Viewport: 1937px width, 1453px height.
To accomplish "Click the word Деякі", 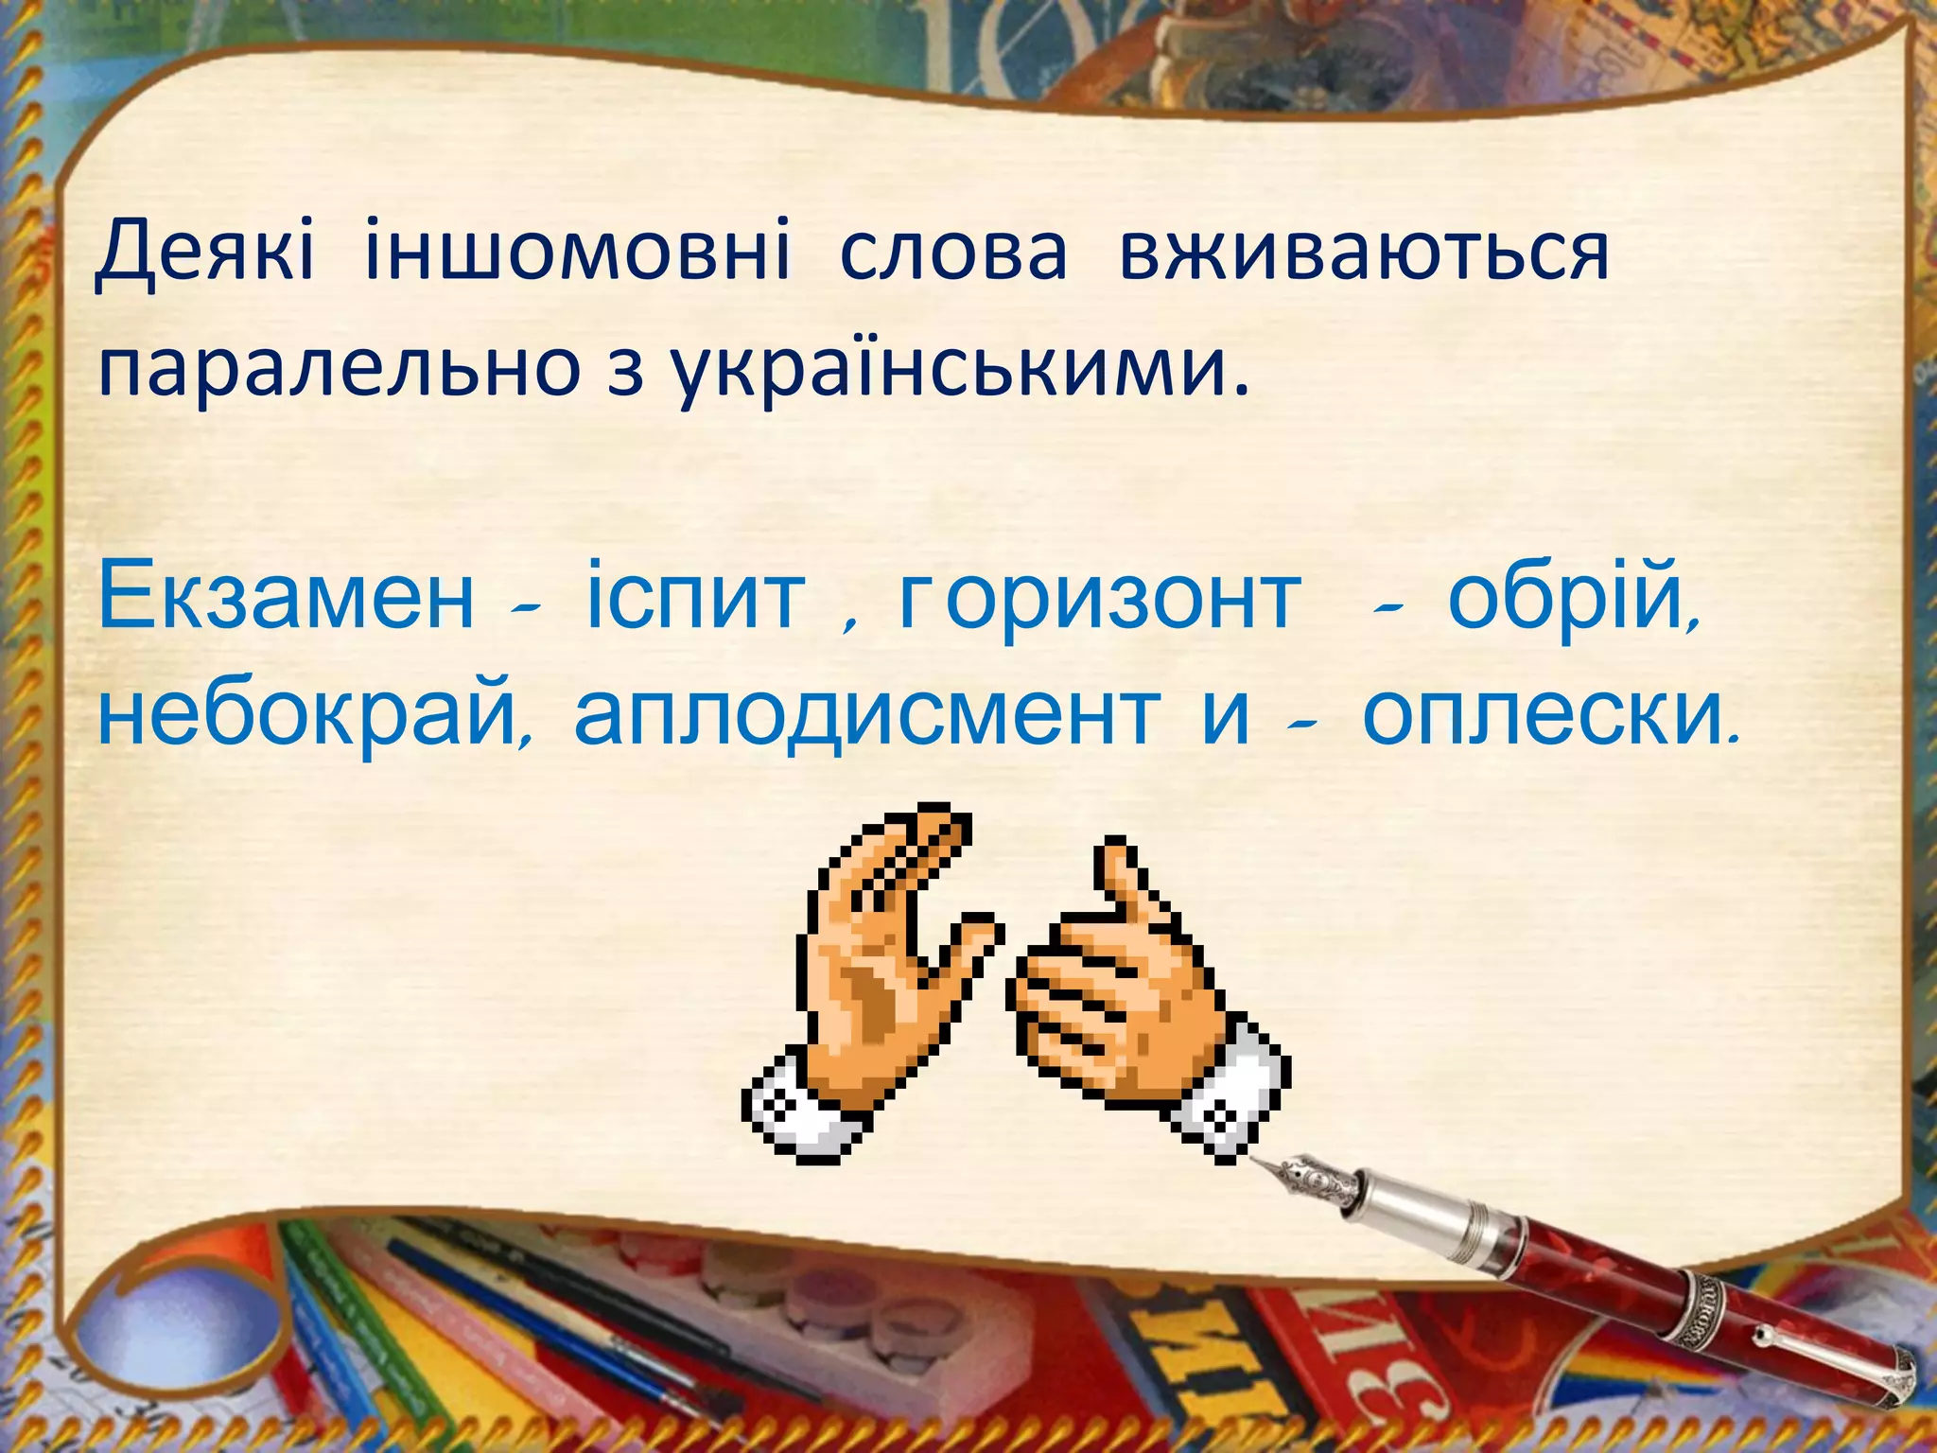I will [x=204, y=252].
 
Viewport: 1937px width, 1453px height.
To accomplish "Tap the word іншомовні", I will [x=576, y=252].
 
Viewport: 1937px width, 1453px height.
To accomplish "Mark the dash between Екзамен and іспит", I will [x=526, y=610].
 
